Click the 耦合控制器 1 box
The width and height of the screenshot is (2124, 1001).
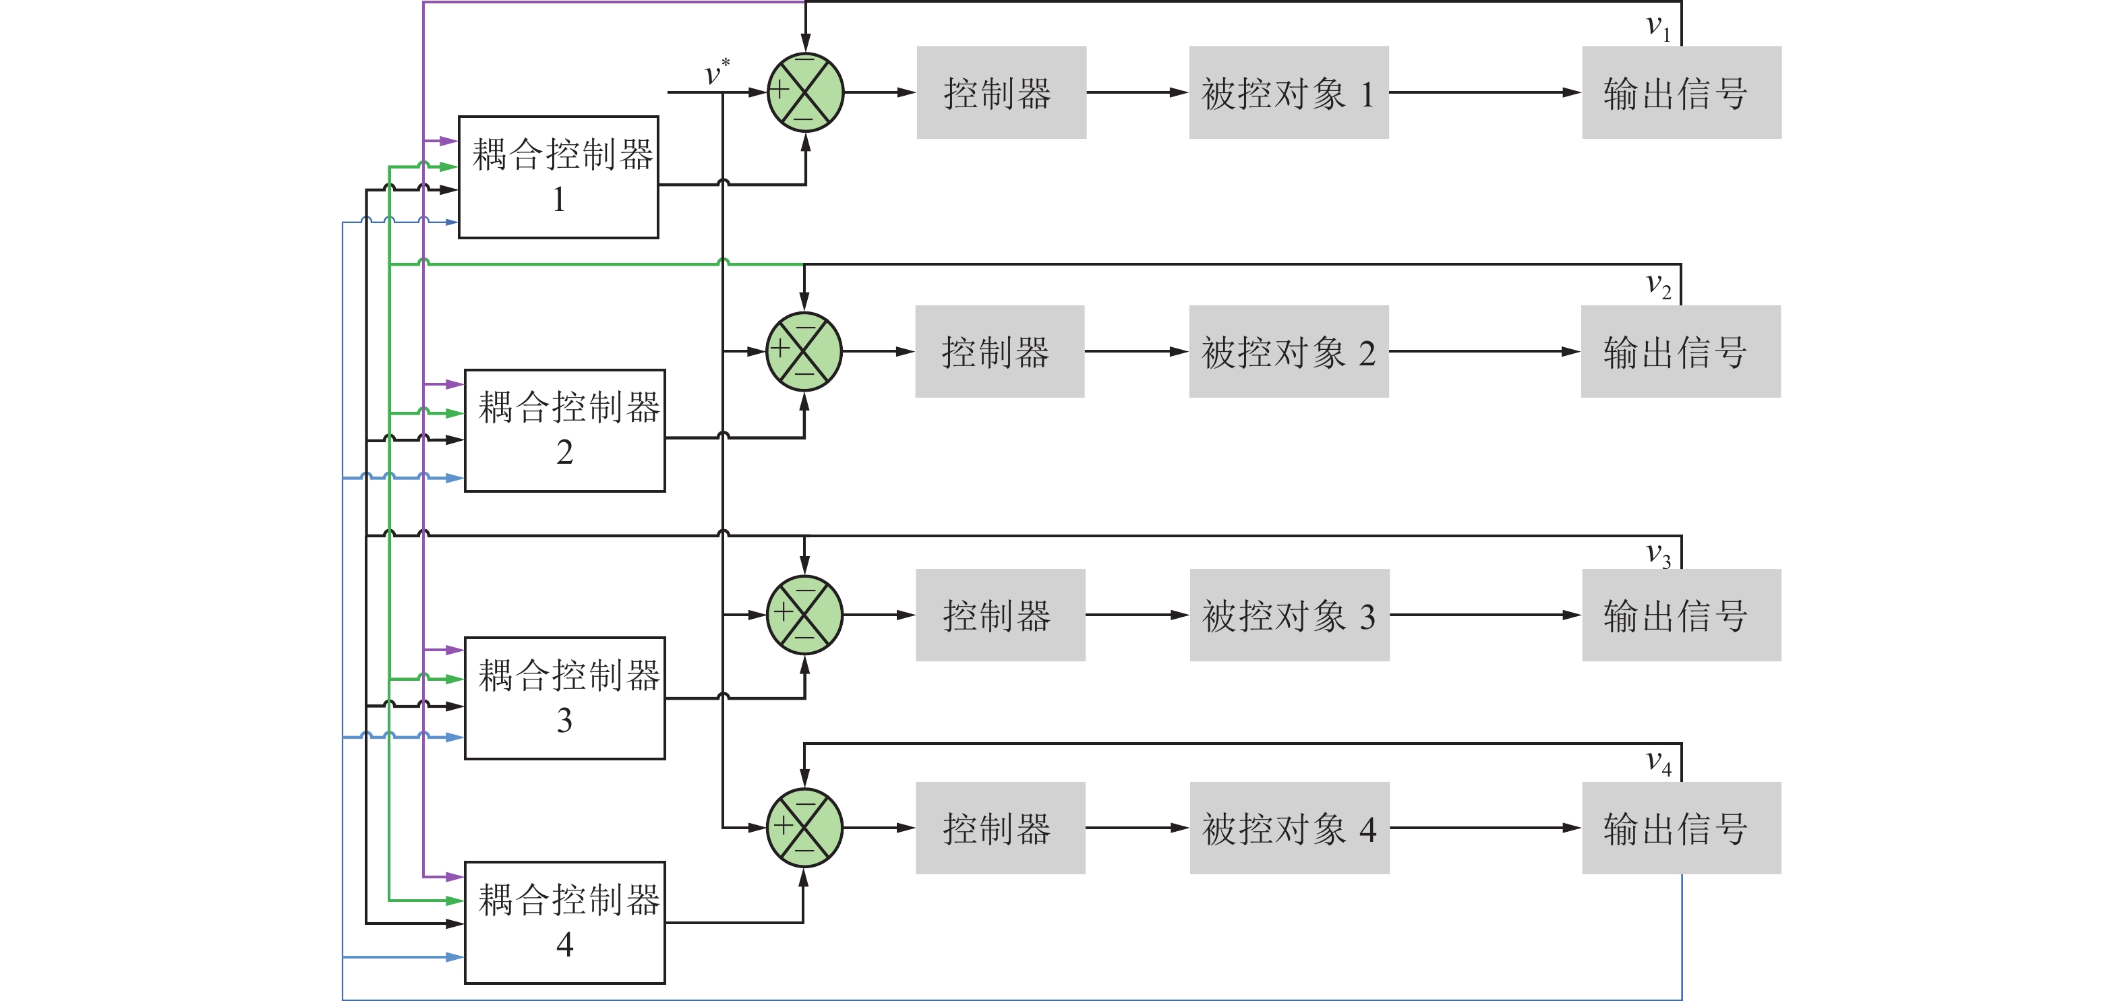pyautogui.click(x=558, y=177)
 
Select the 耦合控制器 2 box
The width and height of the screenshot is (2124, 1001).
pyautogui.click(x=565, y=431)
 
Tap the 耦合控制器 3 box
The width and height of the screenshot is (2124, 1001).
pyautogui.click(x=565, y=698)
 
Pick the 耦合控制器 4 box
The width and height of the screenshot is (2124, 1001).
pyautogui.click(x=565, y=922)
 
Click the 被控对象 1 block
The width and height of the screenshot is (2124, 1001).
pyautogui.click(x=1288, y=92)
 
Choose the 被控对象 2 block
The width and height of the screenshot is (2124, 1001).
pyautogui.click(x=1288, y=351)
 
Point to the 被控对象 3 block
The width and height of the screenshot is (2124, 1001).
pyautogui.click(x=1289, y=615)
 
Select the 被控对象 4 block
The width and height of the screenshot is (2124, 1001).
pyautogui.click(x=1289, y=828)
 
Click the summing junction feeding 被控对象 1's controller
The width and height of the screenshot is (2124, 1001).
pyautogui.click(x=804, y=92)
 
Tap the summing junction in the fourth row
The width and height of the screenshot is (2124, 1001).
pyautogui.click(x=804, y=827)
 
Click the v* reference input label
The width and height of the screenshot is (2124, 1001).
pyautogui.click(x=715, y=73)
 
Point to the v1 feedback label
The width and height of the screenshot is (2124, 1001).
pyautogui.click(x=1657, y=27)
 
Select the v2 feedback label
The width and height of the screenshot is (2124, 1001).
pyautogui.click(x=1657, y=285)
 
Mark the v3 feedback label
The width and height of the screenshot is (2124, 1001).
pyautogui.click(x=1657, y=554)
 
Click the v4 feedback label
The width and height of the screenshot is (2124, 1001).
pyautogui.click(x=1657, y=762)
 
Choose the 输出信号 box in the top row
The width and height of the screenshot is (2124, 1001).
pyautogui.click(x=1681, y=92)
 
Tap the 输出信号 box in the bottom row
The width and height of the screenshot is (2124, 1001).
pyautogui.click(x=1681, y=828)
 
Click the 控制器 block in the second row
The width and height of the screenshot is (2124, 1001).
pyautogui.click(x=999, y=351)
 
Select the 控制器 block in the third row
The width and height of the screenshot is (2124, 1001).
pyautogui.click(x=1000, y=615)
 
